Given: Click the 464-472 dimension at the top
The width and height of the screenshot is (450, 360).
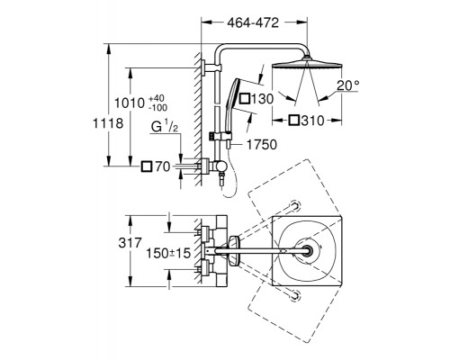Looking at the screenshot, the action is click(253, 22).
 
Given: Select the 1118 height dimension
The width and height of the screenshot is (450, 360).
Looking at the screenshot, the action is click(108, 123).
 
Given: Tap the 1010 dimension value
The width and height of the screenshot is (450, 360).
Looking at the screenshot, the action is click(130, 103).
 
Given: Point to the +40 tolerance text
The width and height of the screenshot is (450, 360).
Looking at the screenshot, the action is click(157, 98).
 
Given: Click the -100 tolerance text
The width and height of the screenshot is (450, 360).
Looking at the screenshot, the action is click(158, 107).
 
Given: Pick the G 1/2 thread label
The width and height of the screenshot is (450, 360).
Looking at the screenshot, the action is click(165, 127).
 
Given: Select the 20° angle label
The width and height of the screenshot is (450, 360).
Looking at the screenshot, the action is click(347, 85).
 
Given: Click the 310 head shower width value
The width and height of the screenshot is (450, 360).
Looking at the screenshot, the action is click(313, 121).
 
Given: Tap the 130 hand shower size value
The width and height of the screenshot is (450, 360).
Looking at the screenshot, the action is click(262, 99).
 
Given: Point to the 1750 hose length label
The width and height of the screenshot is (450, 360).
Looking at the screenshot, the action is click(262, 145).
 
